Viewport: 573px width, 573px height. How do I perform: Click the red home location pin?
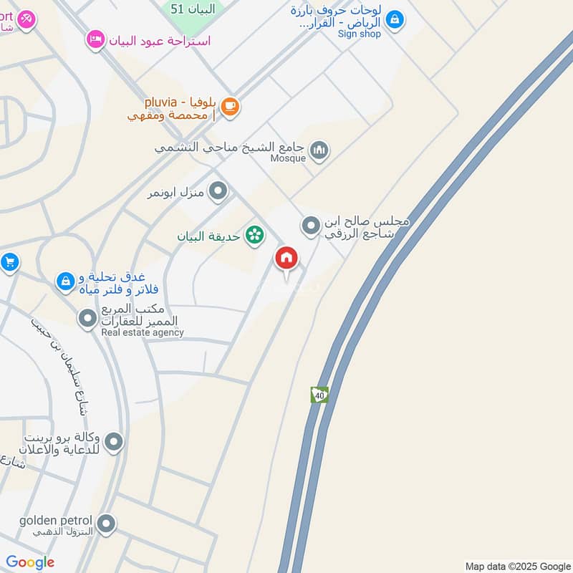point(286,259)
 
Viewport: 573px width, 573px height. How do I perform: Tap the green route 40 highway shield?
point(319,395)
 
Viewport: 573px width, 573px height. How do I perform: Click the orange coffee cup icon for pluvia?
point(229,107)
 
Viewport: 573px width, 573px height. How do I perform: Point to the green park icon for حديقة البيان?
point(254,235)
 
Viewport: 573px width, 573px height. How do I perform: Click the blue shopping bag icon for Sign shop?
point(394,20)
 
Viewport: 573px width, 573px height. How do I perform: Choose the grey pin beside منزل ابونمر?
point(218,191)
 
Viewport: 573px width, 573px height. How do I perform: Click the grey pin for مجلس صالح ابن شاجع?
point(310,226)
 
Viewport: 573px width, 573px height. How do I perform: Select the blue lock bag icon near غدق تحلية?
point(65,281)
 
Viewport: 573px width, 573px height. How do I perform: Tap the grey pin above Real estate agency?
point(87,317)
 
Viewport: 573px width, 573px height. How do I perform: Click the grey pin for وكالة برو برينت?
point(113,443)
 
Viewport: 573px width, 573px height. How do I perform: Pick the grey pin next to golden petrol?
point(106,524)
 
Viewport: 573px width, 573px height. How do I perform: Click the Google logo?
point(30,562)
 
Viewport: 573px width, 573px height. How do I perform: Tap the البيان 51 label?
point(186,9)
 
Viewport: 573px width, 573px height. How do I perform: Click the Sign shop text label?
point(359,33)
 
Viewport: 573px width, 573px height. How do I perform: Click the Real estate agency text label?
point(143,332)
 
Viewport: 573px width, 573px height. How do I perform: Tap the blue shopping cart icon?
point(8,262)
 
